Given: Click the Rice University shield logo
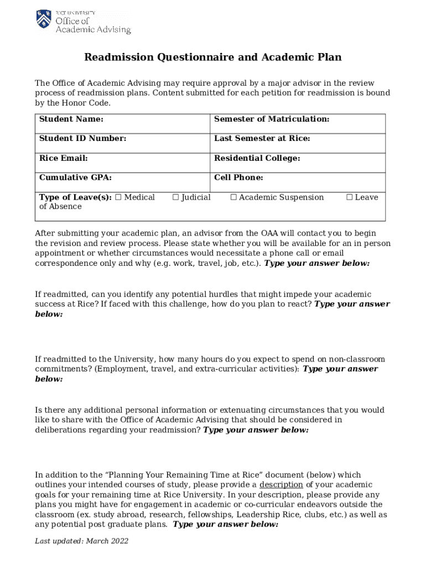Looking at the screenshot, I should [x=44, y=20].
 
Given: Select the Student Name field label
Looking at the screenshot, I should [x=71, y=119].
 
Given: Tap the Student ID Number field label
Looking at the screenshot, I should [x=82, y=139].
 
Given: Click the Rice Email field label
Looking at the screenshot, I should [x=63, y=158].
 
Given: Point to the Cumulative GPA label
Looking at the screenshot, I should [x=75, y=177].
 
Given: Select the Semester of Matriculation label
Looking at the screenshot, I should [x=272, y=119].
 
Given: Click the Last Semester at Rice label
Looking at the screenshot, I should [x=262, y=139].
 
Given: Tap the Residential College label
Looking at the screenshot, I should [x=257, y=158].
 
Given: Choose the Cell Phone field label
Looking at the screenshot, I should [x=238, y=177].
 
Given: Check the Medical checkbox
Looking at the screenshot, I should [x=118, y=197].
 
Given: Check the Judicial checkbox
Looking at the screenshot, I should [x=175, y=197].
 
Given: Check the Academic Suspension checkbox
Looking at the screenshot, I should [x=233, y=197].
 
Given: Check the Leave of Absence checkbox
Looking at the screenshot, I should [x=349, y=197].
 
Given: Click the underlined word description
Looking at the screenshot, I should [x=281, y=485].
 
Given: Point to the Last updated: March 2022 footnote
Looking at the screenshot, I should [x=81, y=541].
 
